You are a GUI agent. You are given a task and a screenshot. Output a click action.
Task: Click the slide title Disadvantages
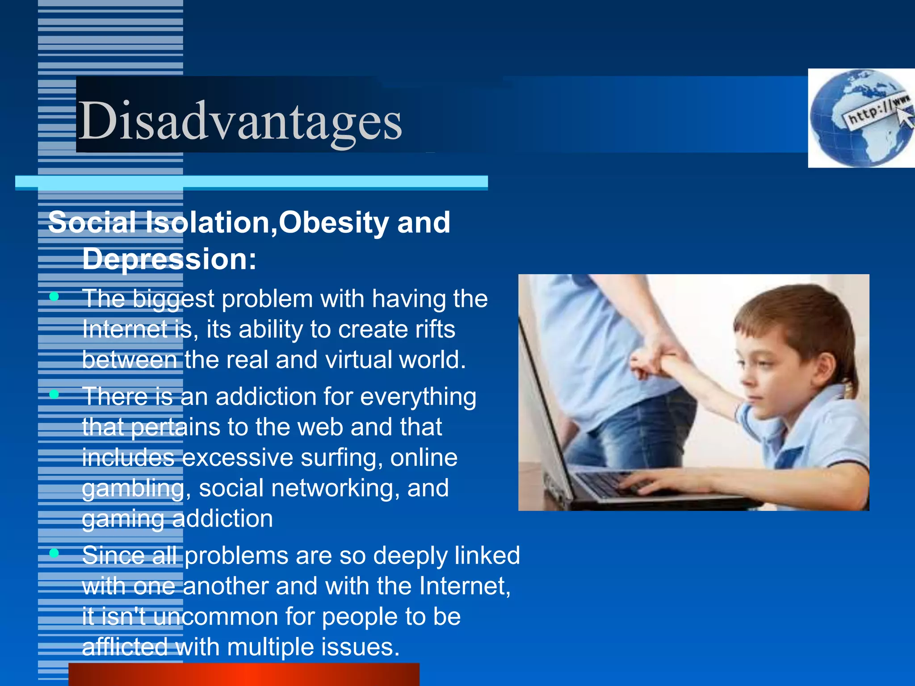pyautogui.click(x=240, y=121)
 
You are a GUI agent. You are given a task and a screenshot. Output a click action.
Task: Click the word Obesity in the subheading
pyautogui.click(x=333, y=222)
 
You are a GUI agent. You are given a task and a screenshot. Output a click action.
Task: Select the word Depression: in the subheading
pyautogui.click(x=169, y=259)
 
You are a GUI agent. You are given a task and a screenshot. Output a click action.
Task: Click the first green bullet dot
pyautogui.click(x=54, y=297)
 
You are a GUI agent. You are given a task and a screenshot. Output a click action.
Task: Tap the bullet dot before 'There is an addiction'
pyautogui.click(x=54, y=394)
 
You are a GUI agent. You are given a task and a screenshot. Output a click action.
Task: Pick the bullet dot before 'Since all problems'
pyautogui.click(x=54, y=553)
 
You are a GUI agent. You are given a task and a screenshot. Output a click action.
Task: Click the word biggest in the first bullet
pyautogui.click(x=173, y=299)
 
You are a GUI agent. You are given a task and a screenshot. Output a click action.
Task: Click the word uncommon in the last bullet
pyautogui.click(x=215, y=617)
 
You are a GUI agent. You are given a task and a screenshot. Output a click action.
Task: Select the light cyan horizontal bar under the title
pyautogui.click(x=251, y=182)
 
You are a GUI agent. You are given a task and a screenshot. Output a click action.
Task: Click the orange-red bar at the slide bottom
pyautogui.click(x=243, y=674)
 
